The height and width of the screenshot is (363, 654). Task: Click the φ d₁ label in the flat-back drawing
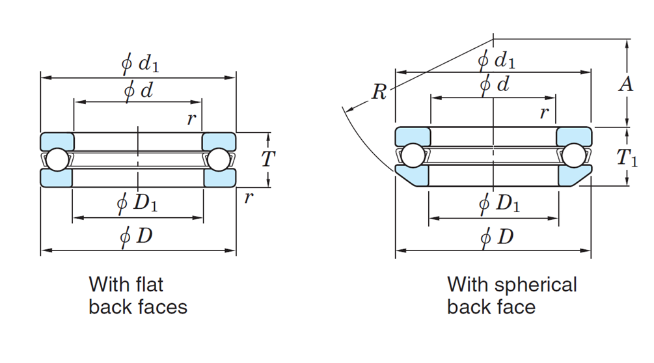[140, 64]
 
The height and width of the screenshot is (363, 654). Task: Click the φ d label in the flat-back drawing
[138, 90]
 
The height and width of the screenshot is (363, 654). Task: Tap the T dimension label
[268, 158]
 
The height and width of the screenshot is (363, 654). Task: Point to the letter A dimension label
[625, 84]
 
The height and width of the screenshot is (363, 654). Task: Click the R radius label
[379, 92]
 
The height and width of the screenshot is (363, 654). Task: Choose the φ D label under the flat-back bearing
[137, 235]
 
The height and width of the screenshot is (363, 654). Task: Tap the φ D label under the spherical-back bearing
[497, 237]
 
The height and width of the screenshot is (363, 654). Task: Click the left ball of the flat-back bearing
[57, 159]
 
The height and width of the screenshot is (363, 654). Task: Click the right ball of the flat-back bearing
[218, 159]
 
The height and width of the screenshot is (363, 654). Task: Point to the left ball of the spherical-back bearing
[413, 156]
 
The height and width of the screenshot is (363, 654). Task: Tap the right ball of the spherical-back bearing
[575, 156]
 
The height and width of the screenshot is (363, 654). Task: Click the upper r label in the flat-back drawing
[191, 118]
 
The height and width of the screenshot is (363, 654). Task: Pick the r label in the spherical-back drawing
[544, 113]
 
